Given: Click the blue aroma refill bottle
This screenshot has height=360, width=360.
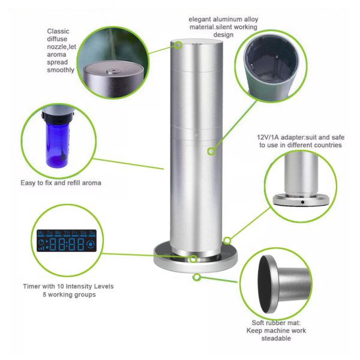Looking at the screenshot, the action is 57,145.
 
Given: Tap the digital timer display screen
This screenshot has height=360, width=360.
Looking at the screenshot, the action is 67,241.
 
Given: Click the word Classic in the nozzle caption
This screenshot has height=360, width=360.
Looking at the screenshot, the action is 58,31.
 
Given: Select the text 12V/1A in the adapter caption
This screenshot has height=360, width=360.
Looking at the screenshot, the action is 268,137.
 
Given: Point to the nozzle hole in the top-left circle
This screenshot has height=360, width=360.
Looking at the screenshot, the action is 113,71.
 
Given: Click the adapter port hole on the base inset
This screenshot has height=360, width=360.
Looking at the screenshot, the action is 302,202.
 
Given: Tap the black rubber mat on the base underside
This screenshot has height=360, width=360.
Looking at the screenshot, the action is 265,284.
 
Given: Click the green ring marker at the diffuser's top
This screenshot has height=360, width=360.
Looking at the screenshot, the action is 178,45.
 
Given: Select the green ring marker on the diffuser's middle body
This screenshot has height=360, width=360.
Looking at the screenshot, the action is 211,151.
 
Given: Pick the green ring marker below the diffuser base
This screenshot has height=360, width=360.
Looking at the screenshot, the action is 197,277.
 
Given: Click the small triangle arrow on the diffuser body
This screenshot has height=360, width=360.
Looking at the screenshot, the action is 196,136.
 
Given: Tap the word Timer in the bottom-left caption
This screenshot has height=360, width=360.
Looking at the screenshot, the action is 31,286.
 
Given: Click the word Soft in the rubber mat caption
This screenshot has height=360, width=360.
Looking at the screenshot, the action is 258,323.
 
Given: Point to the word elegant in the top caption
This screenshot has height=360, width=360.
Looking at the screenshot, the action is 200,19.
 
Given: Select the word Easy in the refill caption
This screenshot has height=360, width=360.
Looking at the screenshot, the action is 28,183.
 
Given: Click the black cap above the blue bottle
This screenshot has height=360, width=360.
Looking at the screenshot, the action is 58,118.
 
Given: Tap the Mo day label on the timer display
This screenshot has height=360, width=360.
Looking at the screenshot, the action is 41,233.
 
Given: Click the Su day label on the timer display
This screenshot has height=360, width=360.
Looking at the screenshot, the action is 92,233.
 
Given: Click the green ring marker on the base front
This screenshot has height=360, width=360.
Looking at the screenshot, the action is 193,259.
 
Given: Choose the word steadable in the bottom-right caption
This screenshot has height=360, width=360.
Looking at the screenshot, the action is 276,338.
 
